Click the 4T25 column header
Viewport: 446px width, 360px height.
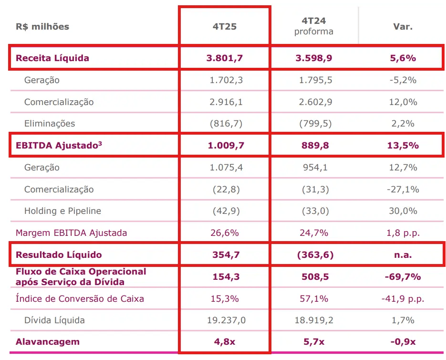(225, 27)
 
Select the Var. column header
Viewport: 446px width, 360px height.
(402, 27)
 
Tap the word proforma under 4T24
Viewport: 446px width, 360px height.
(313, 32)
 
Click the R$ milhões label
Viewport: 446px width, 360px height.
(42, 27)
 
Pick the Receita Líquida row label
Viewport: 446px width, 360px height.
(52, 58)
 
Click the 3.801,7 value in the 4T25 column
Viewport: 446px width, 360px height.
(225, 58)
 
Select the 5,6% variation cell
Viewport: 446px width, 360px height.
(402, 58)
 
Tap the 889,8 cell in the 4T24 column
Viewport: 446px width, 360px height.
(314, 145)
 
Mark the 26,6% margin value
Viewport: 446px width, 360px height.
(225, 233)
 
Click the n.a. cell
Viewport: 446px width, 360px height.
(402, 255)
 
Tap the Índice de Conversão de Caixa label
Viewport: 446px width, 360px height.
(80, 299)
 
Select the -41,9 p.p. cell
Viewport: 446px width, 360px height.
(403, 299)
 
